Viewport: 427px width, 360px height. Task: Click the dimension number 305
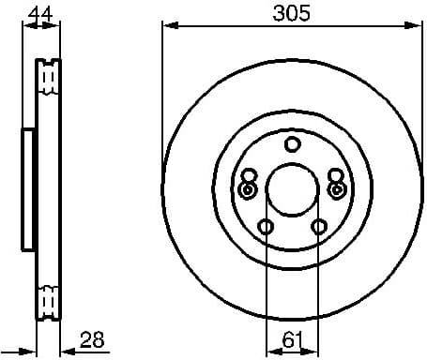pos(292,13)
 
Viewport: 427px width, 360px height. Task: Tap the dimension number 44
pos(38,13)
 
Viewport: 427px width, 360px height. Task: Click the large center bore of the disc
pos(292,190)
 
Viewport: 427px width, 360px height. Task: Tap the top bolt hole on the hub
pos(292,143)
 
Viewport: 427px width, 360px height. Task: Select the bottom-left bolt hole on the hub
pos(266,227)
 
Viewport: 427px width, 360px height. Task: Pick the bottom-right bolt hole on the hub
pos(319,227)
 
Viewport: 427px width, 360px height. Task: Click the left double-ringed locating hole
pos(248,190)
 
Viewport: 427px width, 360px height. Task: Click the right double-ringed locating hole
pos(336,190)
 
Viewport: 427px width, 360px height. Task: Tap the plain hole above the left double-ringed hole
pos(249,175)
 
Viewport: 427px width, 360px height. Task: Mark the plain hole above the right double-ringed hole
pos(335,175)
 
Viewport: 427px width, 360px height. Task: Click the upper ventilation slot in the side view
pos(48,79)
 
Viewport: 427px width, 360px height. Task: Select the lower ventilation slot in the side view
pos(48,301)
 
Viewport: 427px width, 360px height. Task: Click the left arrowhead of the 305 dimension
pos(168,25)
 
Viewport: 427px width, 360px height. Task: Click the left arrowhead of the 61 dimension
pos(271,350)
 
